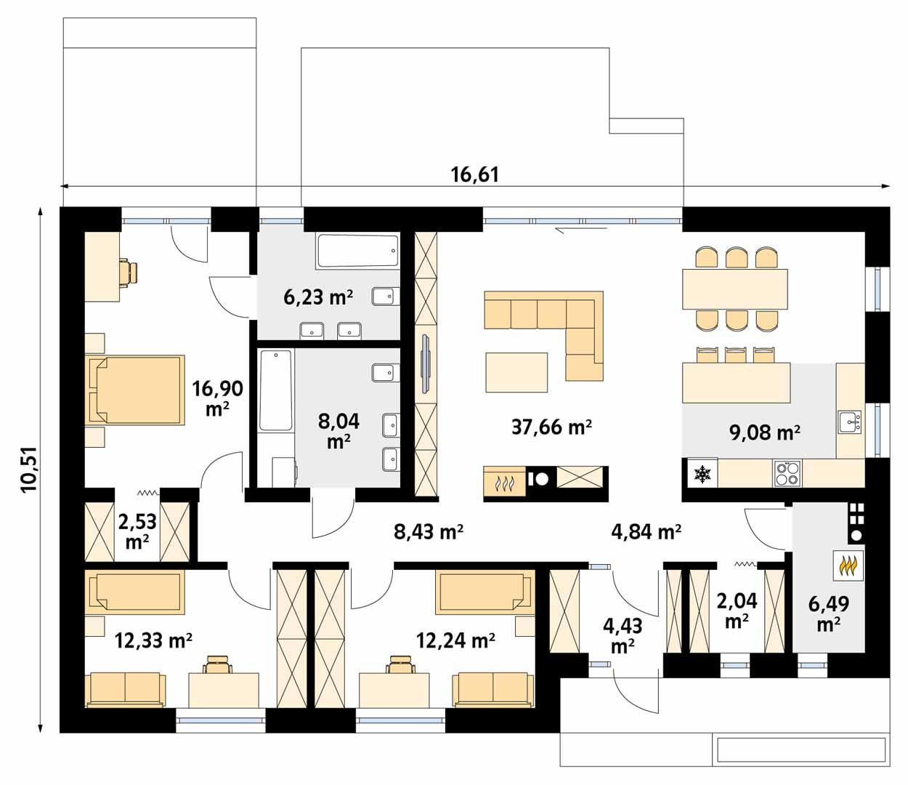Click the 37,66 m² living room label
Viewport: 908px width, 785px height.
[x=551, y=427]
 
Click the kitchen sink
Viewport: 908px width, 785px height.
[x=848, y=422]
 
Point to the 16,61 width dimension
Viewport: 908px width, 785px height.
[x=475, y=174]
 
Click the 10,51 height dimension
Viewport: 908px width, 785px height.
[x=29, y=470]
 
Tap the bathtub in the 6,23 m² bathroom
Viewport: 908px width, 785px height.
[x=357, y=251]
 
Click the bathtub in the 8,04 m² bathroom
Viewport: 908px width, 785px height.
[x=275, y=390]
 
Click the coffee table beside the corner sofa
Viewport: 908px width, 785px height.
[x=516, y=371]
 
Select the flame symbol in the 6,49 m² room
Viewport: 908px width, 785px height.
[x=847, y=565]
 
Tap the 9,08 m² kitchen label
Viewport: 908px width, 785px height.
[x=764, y=433]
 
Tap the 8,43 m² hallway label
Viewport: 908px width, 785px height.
[x=429, y=532]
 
